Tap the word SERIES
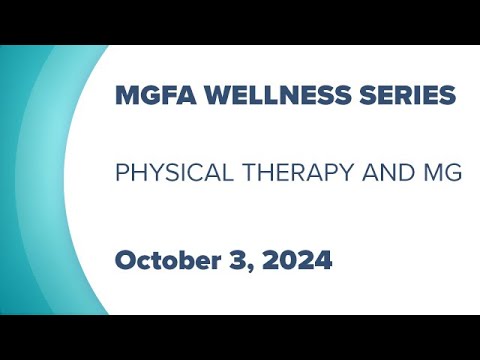(x=414, y=98)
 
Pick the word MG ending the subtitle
(x=444, y=172)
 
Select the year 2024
(x=297, y=261)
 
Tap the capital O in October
(x=125, y=261)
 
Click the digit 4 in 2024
(x=322, y=261)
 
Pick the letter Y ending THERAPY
(x=346, y=172)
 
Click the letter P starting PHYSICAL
(x=122, y=172)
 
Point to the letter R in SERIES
(x=411, y=98)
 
